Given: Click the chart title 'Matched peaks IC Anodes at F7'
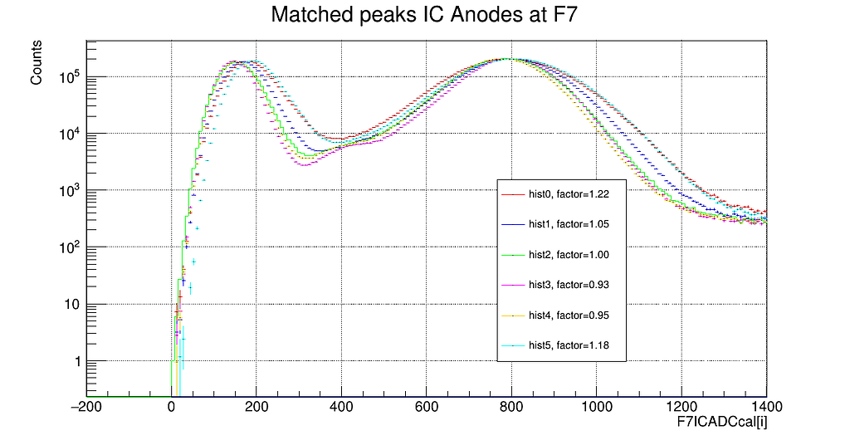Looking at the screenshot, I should (x=424, y=15).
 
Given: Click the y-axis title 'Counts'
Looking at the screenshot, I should (x=37, y=64).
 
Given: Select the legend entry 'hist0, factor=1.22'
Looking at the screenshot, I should (x=572, y=195).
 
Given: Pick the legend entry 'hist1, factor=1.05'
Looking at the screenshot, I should (x=572, y=225).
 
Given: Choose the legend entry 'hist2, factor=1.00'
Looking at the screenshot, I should (x=572, y=255).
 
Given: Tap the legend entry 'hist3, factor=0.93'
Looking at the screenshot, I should (x=572, y=285).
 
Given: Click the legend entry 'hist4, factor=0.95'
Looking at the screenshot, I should (x=572, y=315).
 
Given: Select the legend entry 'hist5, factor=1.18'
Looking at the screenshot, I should (x=572, y=345).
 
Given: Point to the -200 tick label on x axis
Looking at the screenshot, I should (x=85, y=408).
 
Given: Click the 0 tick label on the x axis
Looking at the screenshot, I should (x=171, y=408).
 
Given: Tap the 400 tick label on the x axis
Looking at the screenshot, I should (x=341, y=408).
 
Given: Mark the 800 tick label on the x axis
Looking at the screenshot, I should (x=511, y=408).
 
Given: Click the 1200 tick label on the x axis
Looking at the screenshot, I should (x=681, y=408).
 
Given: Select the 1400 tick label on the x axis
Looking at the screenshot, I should (x=765, y=408).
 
